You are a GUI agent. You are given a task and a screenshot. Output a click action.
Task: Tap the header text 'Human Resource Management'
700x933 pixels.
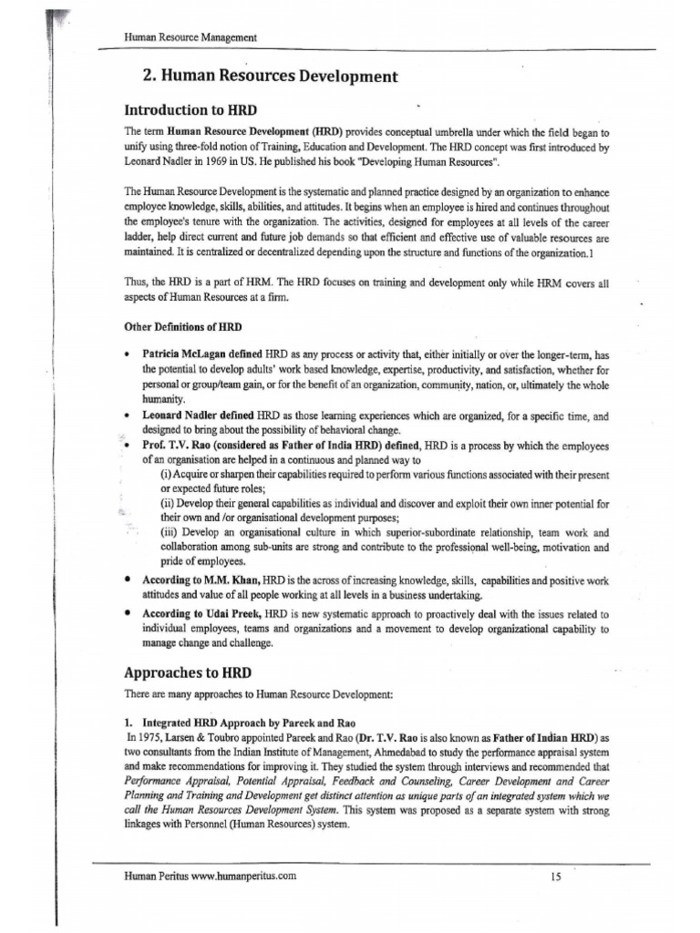tap(190, 37)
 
